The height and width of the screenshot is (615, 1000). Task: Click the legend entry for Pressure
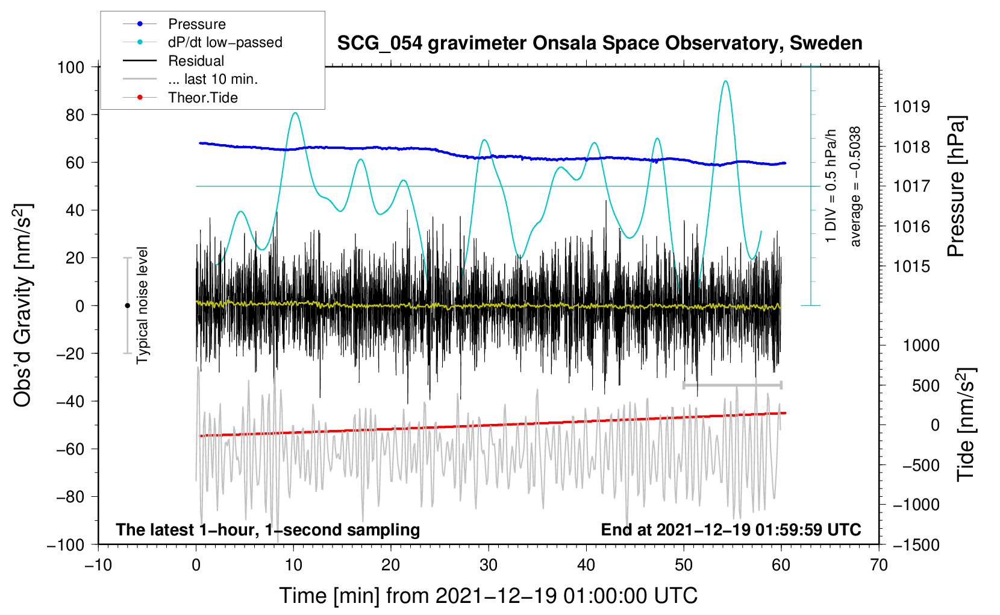click(x=174, y=24)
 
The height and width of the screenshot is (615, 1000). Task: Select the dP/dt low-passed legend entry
click(x=202, y=42)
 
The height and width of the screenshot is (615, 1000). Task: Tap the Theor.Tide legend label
click(x=180, y=98)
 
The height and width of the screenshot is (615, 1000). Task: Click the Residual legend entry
click(x=173, y=60)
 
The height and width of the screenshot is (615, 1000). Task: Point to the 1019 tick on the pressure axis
click(x=911, y=107)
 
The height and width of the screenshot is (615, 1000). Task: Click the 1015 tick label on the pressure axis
click(x=911, y=266)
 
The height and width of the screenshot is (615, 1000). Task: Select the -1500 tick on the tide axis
click(x=916, y=545)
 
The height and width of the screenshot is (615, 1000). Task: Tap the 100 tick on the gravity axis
click(x=70, y=67)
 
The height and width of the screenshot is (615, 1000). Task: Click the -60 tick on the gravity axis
click(x=70, y=449)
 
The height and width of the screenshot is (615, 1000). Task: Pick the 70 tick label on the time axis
click(x=879, y=565)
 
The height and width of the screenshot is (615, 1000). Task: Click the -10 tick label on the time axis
click(x=98, y=565)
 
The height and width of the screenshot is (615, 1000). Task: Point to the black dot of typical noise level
click(x=127, y=306)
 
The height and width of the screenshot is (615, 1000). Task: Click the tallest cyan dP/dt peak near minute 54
click(x=726, y=81)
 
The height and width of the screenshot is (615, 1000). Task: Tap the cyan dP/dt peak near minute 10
click(x=295, y=113)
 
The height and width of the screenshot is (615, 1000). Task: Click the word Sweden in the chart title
click(x=826, y=43)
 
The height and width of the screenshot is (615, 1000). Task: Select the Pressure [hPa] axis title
click(x=956, y=186)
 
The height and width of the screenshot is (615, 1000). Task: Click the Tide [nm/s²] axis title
click(x=966, y=424)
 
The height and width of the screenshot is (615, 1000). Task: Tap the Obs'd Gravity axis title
click(x=22, y=306)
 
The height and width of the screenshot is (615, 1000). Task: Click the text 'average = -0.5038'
click(x=854, y=186)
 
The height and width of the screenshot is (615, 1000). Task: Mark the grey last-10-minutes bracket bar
click(x=732, y=385)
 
